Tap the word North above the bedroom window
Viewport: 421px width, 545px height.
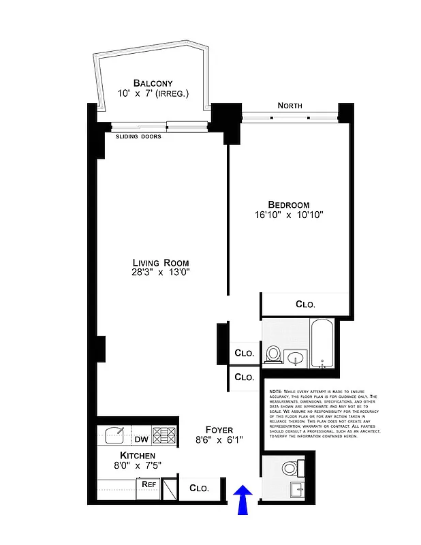[290, 106]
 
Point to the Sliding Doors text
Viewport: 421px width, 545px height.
[138, 136]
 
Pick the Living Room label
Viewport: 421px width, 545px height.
[160, 263]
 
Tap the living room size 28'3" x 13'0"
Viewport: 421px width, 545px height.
[160, 273]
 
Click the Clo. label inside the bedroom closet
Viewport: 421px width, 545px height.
[305, 305]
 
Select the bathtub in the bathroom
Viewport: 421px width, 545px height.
[322, 344]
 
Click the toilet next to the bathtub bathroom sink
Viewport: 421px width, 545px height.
[274, 354]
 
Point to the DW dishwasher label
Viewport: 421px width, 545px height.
[140, 431]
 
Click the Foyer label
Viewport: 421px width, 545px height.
[219, 431]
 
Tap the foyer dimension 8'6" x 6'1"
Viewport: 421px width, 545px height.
[219, 441]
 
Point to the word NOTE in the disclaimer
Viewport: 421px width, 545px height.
[275, 391]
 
